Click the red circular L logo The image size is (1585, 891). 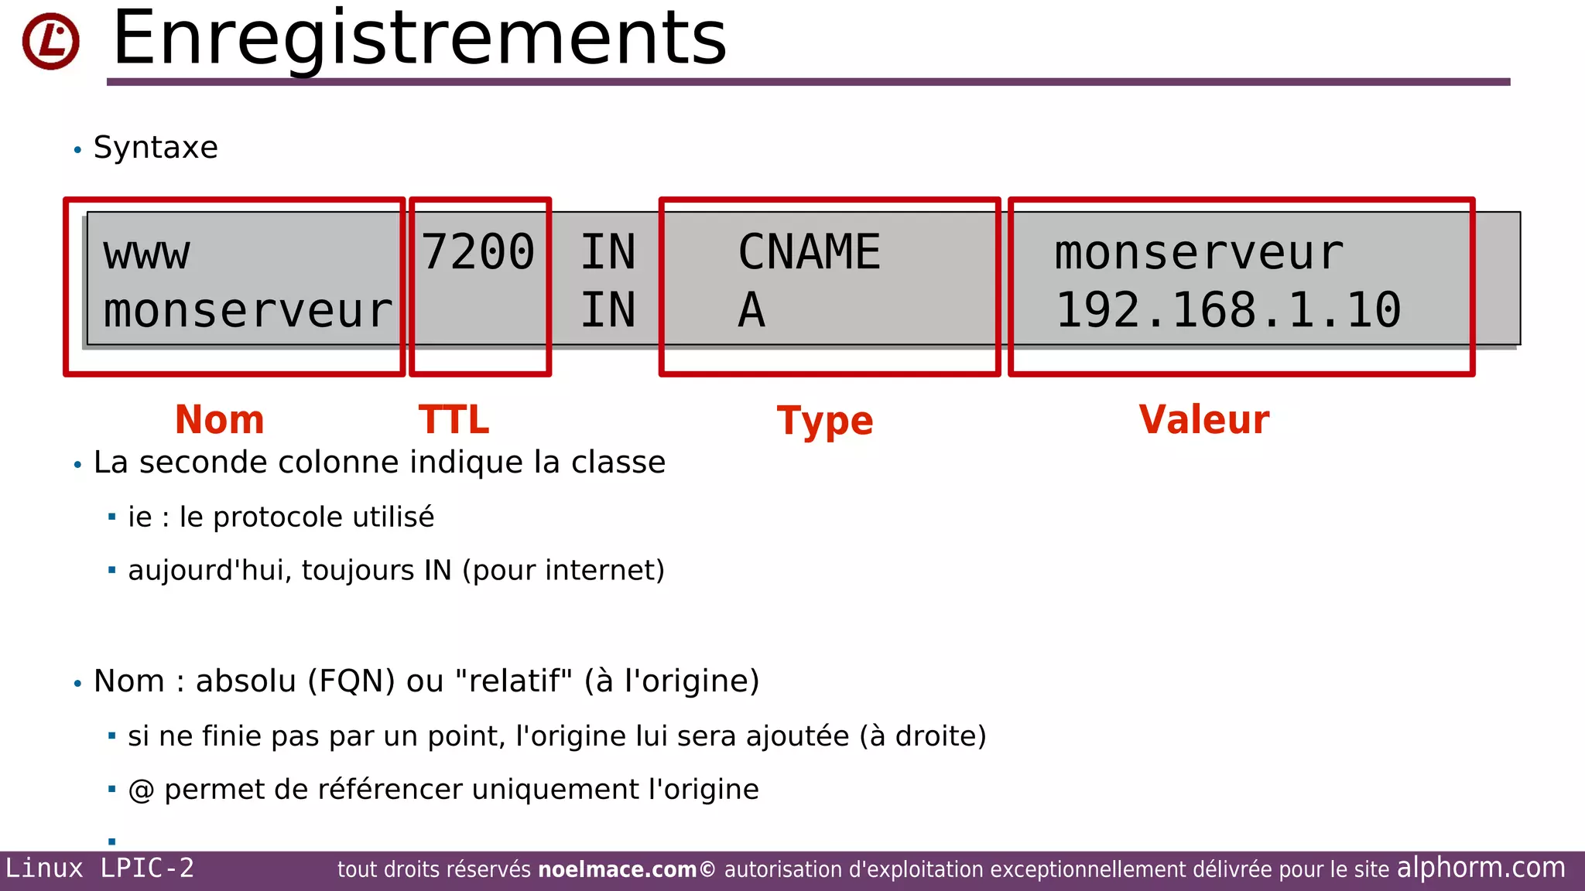[51, 42]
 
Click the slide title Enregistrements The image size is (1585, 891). [419, 39]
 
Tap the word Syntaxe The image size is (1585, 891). [156, 147]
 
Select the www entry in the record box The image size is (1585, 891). [146, 254]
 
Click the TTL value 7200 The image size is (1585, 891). [478, 252]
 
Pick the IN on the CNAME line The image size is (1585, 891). [608, 252]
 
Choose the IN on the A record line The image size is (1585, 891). [608, 310]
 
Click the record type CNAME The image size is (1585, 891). [809, 252]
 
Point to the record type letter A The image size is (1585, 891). [751, 310]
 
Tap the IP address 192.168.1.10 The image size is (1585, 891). [1228, 310]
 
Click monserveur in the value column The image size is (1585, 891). [1199, 254]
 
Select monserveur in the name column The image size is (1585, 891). [248, 311]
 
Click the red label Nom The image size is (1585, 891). [220, 420]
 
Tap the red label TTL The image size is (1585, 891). [454, 420]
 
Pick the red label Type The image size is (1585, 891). [825, 422]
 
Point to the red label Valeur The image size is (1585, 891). [1204, 420]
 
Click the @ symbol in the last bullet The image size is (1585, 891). [141, 790]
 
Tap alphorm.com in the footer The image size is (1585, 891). [1481, 868]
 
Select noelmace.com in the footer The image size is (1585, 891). [618, 869]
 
